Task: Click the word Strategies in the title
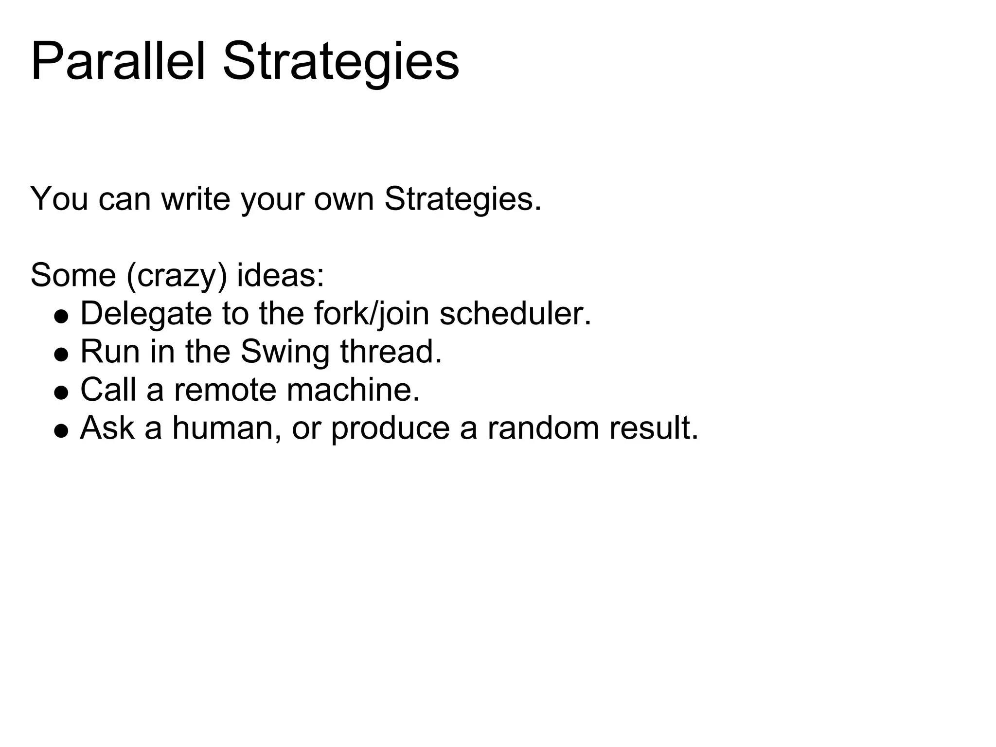pyautogui.click(x=340, y=62)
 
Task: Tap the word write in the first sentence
pyautogui.click(x=196, y=199)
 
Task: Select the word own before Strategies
pyautogui.click(x=344, y=199)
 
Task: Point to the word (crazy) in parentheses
pyautogui.click(x=176, y=275)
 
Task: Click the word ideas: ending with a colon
pyautogui.click(x=280, y=275)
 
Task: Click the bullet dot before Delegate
pyautogui.click(x=61, y=317)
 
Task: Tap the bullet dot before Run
pyautogui.click(x=61, y=355)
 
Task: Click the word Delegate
pyautogui.click(x=146, y=314)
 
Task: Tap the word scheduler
pyautogui.click(x=515, y=314)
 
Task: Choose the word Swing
pyautogui.click(x=285, y=352)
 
